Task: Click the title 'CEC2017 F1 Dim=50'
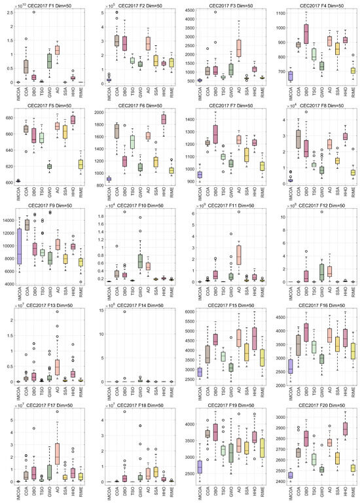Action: click(50, 6)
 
